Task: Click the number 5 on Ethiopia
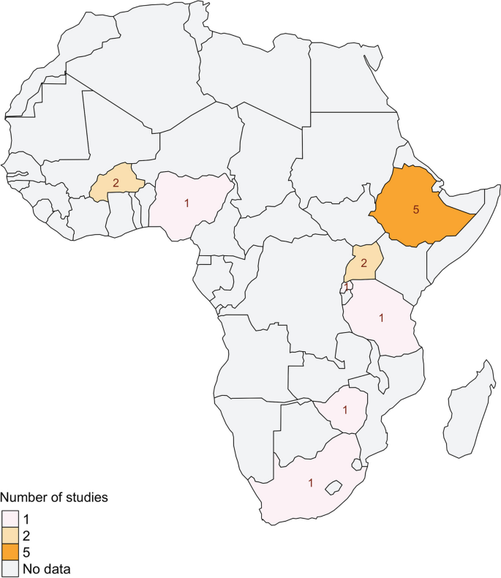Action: (x=416, y=210)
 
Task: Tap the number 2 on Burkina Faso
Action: (x=116, y=183)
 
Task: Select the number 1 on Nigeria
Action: (x=187, y=203)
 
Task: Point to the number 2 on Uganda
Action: (x=364, y=262)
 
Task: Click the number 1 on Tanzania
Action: (x=381, y=318)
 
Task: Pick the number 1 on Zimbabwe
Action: (x=344, y=410)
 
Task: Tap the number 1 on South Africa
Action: (x=311, y=484)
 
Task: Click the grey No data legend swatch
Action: (x=10, y=567)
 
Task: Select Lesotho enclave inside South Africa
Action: (x=334, y=487)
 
